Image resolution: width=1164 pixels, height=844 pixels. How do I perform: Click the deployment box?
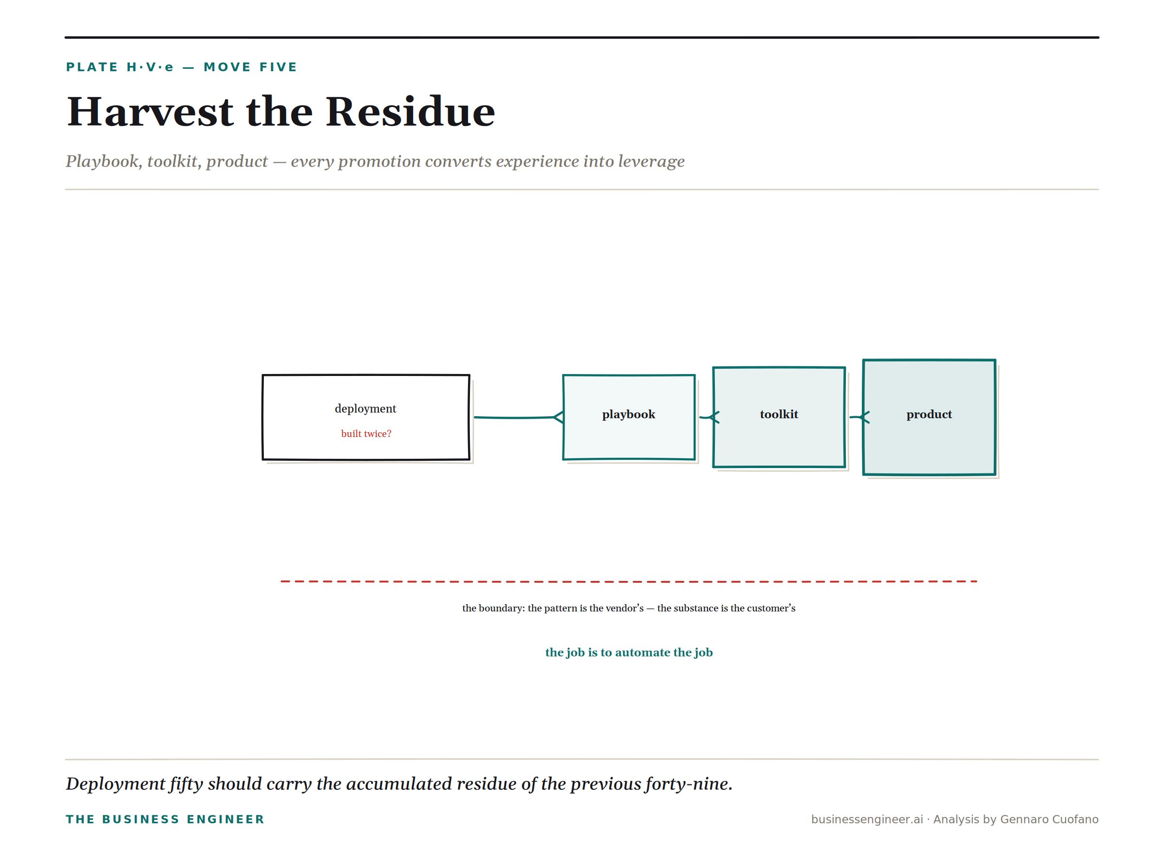click(x=366, y=417)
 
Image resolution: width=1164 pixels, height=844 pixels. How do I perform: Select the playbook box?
click(x=629, y=417)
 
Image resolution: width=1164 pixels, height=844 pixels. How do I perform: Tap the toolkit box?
click(x=779, y=417)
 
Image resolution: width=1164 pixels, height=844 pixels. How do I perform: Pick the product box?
click(x=929, y=417)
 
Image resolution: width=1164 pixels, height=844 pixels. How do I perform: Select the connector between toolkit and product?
click(x=859, y=417)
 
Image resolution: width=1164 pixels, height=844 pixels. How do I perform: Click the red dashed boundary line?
click(x=629, y=581)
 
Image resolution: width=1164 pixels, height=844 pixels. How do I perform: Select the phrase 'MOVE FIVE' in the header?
click(x=250, y=67)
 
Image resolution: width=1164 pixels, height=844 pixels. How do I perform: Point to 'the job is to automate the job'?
click(x=629, y=652)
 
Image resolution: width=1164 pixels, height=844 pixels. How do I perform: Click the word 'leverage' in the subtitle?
click(x=651, y=161)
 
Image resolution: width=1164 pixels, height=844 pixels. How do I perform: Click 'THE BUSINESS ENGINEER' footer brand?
click(x=165, y=819)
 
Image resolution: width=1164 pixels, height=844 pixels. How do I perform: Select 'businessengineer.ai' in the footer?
click(x=867, y=819)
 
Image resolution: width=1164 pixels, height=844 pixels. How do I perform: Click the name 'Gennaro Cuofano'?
click(x=1050, y=819)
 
